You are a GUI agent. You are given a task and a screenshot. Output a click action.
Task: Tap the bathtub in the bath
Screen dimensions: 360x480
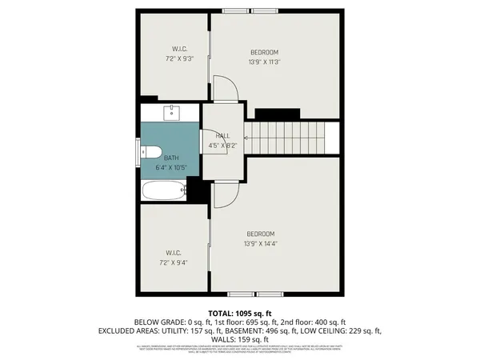(x=162, y=191)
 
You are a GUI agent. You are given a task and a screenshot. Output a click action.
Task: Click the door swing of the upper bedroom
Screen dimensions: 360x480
(x=227, y=89)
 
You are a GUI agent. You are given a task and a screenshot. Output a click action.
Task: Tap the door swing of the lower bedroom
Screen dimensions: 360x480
(x=226, y=194)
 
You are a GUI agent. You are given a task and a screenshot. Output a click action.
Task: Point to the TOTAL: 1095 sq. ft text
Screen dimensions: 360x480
(x=240, y=312)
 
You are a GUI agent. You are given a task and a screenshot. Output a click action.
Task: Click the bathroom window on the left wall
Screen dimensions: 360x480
(x=138, y=151)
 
